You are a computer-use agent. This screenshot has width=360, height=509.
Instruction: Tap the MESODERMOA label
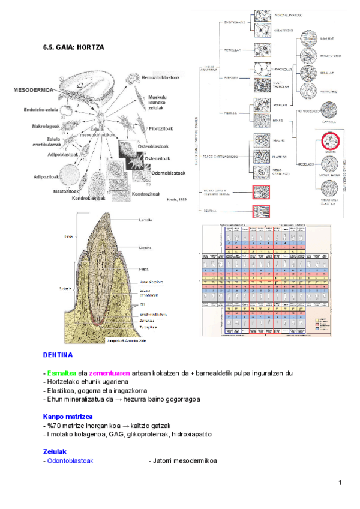[32, 90]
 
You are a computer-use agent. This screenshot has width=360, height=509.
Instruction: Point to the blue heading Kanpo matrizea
[68, 416]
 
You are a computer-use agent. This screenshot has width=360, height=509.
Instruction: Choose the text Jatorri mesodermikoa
[183, 461]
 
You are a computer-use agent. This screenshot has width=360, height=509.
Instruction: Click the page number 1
[340, 483]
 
